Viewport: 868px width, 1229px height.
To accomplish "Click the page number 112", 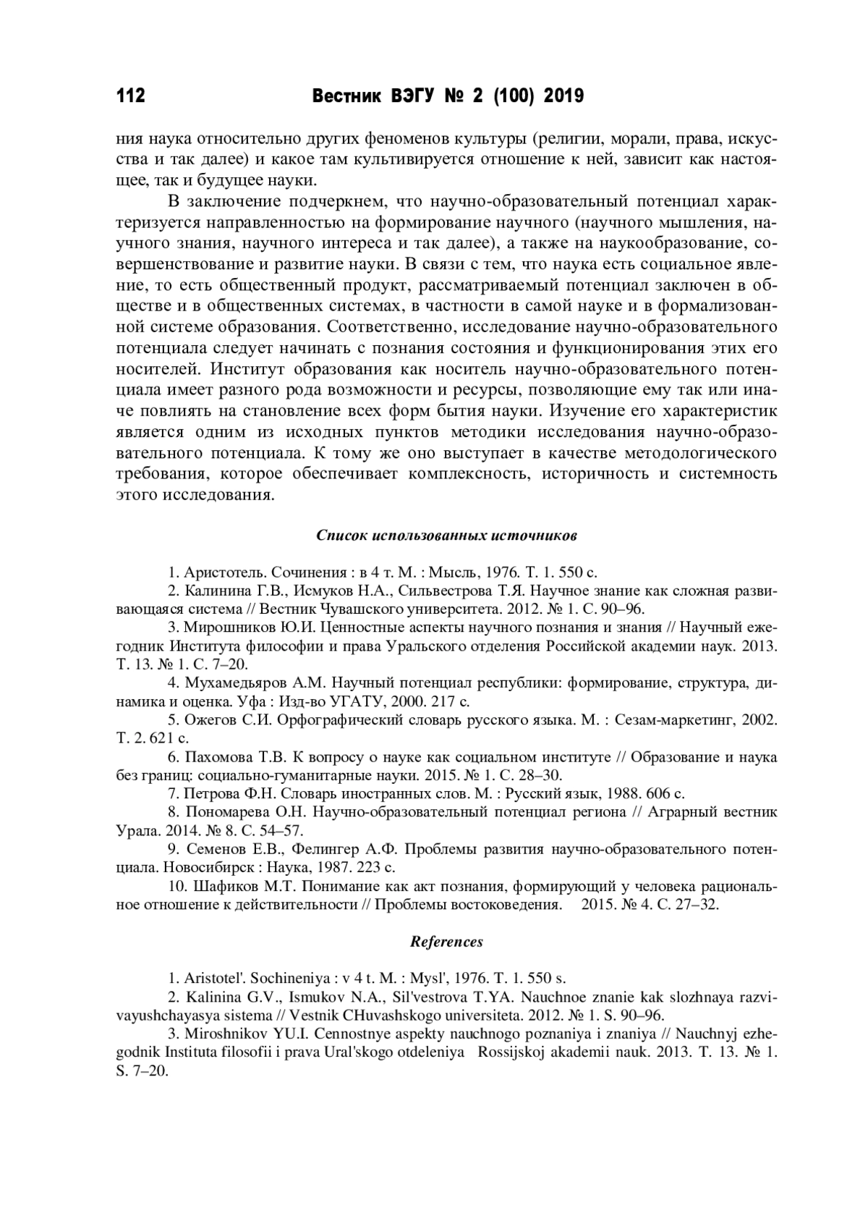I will pyautogui.click(x=131, y=96).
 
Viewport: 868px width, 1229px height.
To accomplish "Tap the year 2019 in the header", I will pyautogui.click(x=563, y=96).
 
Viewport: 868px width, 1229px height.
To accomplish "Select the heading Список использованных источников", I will pyautogui.click(x=446, y=536).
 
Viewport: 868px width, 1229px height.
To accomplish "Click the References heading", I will pyautogui.click(x=446, y=942).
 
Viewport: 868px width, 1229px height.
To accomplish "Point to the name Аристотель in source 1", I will pyautogui.click(x=218, y=572).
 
